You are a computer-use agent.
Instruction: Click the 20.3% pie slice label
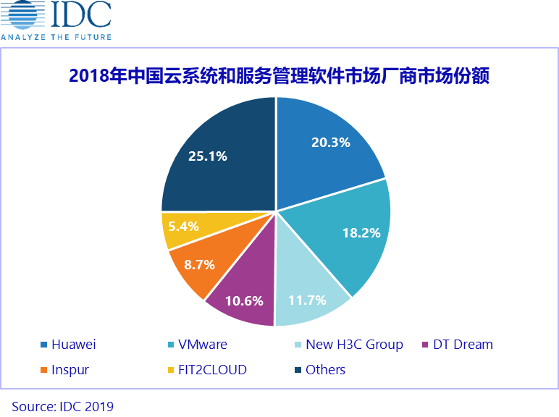[330, 143]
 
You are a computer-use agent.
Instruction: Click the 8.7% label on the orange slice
[199, 265]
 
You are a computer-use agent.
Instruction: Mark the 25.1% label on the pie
[208, 156]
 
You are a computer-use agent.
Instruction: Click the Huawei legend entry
[73, 345]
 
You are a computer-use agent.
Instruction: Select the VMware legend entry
[202, 345]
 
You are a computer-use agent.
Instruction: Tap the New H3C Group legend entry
[354, 345]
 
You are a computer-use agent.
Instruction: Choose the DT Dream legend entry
[463, 345]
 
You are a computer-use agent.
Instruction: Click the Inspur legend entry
[70, 370]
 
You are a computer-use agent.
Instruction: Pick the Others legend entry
[325, 370]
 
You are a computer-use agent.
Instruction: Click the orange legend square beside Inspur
[45, 370]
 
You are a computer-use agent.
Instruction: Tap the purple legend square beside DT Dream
[426, 345]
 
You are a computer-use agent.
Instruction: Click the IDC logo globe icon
[23, 15]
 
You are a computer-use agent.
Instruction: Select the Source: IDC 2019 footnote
[63, 406]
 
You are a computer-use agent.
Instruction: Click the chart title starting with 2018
[279, 75]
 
